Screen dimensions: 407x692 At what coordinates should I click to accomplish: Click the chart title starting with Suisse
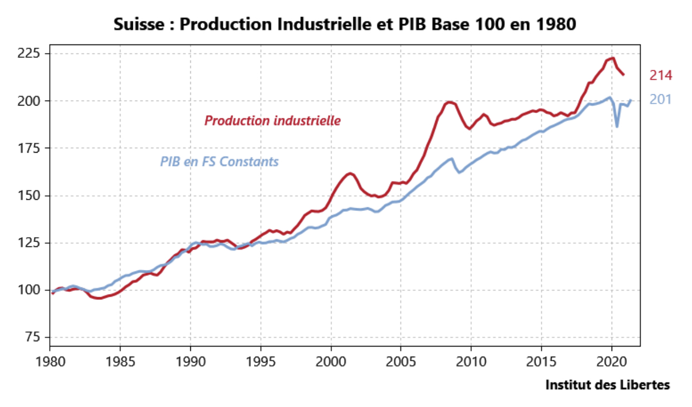(x=345, y=25)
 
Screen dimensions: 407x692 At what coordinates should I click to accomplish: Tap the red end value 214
(x=660, y=76)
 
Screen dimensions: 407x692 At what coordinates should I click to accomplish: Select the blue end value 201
(x=660, y=100)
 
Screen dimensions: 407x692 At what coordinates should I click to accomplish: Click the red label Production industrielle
(x=272, y=120)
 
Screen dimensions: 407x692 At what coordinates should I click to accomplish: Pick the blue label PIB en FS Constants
(x=219, y=161)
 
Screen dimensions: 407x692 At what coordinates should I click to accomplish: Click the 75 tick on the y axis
(x=35, y=337)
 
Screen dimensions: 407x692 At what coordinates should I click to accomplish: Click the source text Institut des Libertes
(x=607, y=385)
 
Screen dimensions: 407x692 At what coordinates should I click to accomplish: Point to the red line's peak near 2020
(x=612, y=58)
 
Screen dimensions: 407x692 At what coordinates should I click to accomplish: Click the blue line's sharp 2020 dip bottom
(x=617, y=126)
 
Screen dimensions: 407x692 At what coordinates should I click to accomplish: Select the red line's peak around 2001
(x=349, y=173)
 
